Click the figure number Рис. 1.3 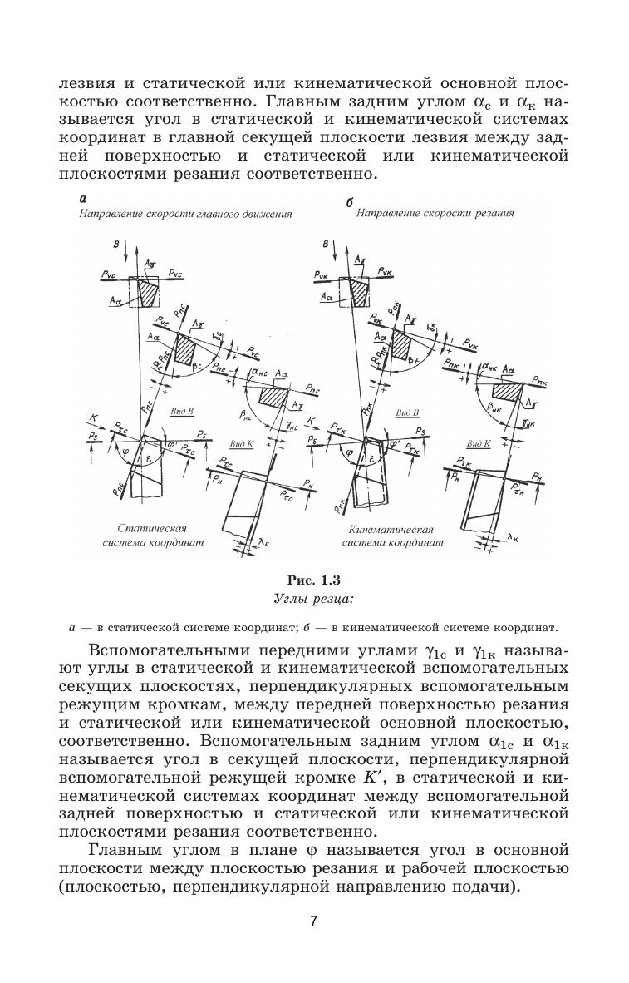[x=313, y=580]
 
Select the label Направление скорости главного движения [x=186, y=214]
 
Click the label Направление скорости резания [x=435, y=213]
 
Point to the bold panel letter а [x=82, y=198]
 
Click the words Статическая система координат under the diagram [x=154, y=535]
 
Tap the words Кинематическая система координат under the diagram [x=392, y=535]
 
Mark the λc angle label [x=264, y=542]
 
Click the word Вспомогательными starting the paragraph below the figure [x=159, y=650]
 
